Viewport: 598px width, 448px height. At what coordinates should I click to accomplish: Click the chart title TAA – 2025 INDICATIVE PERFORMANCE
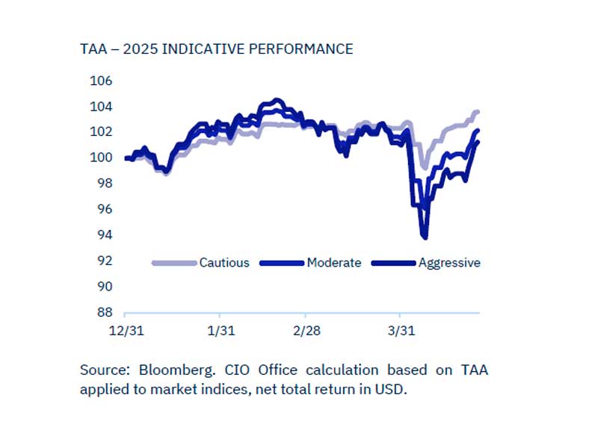[216, 49]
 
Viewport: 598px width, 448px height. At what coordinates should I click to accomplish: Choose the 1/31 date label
[219, 330]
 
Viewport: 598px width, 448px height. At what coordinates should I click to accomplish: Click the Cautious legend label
[224, 263]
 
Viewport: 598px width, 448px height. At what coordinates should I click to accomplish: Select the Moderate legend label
[333, 263]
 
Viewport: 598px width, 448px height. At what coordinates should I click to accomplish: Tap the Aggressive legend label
[449, 263]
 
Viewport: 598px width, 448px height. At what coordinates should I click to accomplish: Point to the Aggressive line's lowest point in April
[425, 237]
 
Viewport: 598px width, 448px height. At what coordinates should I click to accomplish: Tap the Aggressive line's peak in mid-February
[277, 100]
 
